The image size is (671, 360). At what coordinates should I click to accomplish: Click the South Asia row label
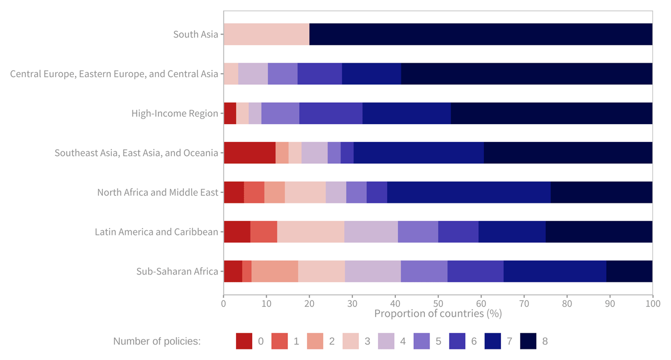click(196, 34)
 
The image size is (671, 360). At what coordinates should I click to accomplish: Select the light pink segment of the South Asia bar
click(266, 34)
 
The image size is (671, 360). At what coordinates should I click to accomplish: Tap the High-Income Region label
click(174, 113)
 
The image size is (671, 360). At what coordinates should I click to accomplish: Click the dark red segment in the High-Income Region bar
click(230, 113)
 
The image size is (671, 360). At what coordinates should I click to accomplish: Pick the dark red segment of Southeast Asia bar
click(249, 153)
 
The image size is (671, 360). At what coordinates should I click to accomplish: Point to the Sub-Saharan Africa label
click(177, 272)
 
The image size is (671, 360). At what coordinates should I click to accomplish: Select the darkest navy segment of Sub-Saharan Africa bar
click(629, 272)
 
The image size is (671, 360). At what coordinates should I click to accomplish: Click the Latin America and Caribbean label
click(156, 232)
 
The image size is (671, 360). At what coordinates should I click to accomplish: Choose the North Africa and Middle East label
click(158, 192)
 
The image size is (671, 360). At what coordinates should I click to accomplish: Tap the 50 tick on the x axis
click(438, 304)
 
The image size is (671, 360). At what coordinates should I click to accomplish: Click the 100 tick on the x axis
click(652, 304)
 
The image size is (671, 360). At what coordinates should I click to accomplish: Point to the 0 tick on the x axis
click(224, 304)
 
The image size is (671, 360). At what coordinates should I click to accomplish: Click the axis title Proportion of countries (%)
click(438, 314)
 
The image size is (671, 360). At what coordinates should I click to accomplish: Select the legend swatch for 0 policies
click(244, 341)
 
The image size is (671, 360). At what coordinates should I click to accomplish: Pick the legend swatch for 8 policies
click(528, 341)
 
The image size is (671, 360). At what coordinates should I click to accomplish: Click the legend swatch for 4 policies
click(386, 341)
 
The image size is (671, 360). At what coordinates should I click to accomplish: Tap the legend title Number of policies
click(157, 341)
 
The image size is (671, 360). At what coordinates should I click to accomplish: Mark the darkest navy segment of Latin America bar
click(599, 232)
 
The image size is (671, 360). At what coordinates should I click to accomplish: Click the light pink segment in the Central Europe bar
click(231, 74)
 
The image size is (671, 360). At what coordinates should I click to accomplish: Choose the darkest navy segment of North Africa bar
click(601, 192)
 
